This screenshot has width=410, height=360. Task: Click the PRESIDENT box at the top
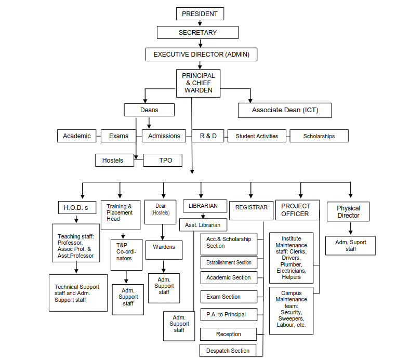200,14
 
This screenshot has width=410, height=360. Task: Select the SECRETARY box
197,32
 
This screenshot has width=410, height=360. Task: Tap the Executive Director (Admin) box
201,55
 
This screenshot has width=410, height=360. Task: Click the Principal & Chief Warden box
198,83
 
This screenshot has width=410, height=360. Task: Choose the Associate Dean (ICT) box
285,110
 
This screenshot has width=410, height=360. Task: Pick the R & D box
208,136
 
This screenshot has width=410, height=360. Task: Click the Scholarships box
319,136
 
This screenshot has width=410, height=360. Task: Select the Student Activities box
257,136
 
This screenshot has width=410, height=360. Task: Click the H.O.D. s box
77,208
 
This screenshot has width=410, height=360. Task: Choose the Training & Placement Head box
121,215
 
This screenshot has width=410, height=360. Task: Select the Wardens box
164,250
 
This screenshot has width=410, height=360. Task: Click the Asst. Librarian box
203,225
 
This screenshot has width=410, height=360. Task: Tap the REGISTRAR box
252,210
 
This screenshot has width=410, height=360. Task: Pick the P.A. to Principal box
229,314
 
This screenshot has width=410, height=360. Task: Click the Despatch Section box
228,351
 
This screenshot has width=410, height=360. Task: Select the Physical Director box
348,211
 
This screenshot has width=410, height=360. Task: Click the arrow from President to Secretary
200,23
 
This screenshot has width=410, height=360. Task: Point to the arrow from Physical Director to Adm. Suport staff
351,229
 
